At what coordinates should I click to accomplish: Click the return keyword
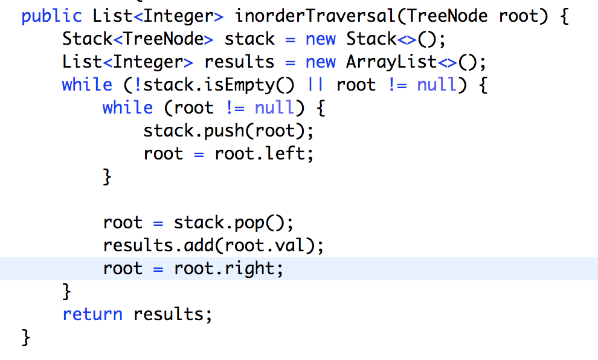[92, 314]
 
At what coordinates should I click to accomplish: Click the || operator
[316, 85]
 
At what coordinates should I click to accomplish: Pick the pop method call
[249, 222]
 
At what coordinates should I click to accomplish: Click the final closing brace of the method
[25, 336]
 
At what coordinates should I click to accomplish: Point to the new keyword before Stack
[321, 39]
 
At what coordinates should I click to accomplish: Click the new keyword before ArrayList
[321, 62]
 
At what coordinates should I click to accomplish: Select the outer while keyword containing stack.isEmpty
[87, 85]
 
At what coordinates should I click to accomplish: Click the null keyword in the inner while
[275, 108]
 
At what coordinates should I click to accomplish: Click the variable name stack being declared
[249, 39]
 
